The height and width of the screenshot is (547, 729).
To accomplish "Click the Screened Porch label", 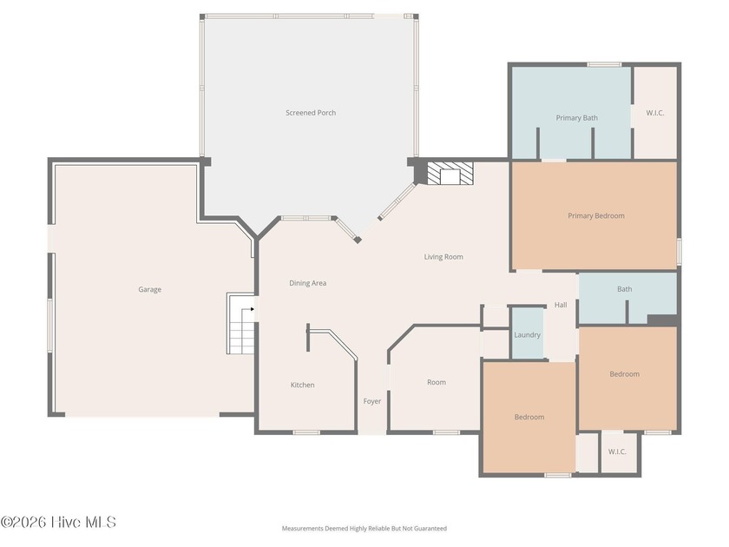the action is (311, 113).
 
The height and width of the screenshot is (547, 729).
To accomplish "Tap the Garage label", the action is (149, 289).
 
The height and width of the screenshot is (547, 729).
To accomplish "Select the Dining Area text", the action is (308, 283).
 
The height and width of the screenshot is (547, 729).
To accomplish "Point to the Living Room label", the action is (443, 257).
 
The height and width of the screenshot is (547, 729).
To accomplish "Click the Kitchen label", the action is (303, 385).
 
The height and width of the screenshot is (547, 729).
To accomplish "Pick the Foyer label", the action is (372, 401).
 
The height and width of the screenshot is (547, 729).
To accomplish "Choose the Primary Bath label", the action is (577, 118).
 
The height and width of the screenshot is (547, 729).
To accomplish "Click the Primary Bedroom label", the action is (596, 216).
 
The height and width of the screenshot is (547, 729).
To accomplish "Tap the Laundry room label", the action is (528, 335).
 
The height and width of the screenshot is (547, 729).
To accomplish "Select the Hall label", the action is (561, 305).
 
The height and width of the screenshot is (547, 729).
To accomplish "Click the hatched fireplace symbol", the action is (450, 173).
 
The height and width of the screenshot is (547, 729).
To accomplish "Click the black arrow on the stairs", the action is (253, 309).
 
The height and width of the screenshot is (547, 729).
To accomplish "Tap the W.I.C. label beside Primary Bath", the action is (655, 113).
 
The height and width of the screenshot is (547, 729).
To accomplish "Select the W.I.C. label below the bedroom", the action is (617, 451).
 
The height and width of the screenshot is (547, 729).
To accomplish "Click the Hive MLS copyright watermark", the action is (58, 523).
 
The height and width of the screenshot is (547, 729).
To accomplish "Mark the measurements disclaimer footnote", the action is (364, 529).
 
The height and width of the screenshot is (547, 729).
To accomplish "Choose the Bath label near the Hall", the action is (624, 289).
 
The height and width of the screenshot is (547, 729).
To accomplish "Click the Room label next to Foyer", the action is (437, 382).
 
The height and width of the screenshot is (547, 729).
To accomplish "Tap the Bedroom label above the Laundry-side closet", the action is (624, 374).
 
